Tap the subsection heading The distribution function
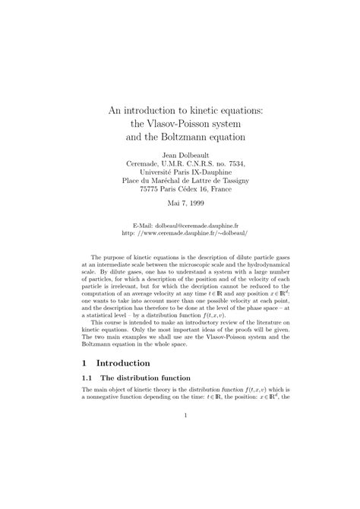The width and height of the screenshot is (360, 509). (x=152, y=400)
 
